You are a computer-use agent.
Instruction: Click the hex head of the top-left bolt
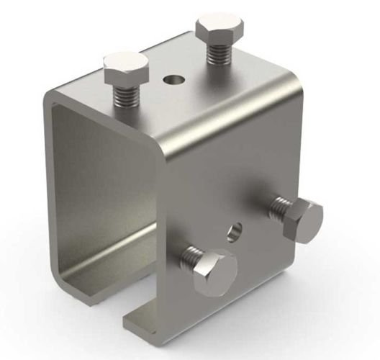pos(125,68)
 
